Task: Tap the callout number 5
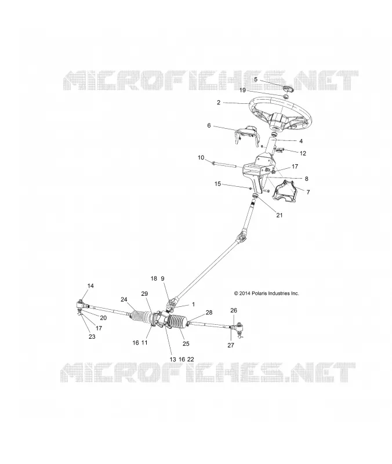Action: click(256, 79)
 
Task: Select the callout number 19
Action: click(242, 90)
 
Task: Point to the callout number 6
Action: click(209, 125)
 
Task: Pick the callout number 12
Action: click(303, 153)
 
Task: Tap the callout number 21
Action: click(280, 215)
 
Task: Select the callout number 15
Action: click(217, 184)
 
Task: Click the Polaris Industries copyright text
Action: click(266, 293)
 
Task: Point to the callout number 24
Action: click(124, 299)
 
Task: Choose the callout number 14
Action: click(90, 285)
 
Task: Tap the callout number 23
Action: click(92, 336)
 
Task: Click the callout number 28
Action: click(209, 313)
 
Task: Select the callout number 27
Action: click(231, 345)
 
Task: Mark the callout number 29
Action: click(144, 293)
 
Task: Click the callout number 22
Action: click(191, 359)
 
